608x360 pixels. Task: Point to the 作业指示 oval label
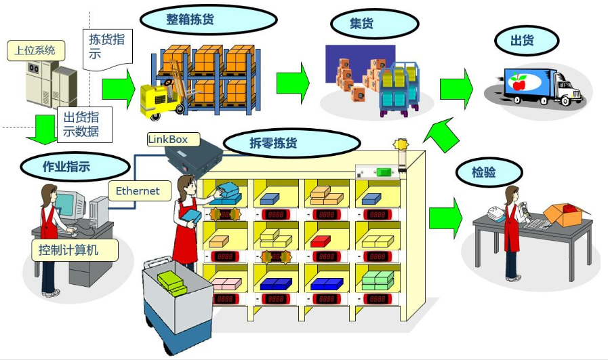coord(66,166)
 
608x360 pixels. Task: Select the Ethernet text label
coord(138,191)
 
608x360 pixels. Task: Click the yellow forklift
coord(159,98)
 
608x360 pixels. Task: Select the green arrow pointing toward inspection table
coord(445,219)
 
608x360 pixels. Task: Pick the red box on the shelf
coord(321,241)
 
